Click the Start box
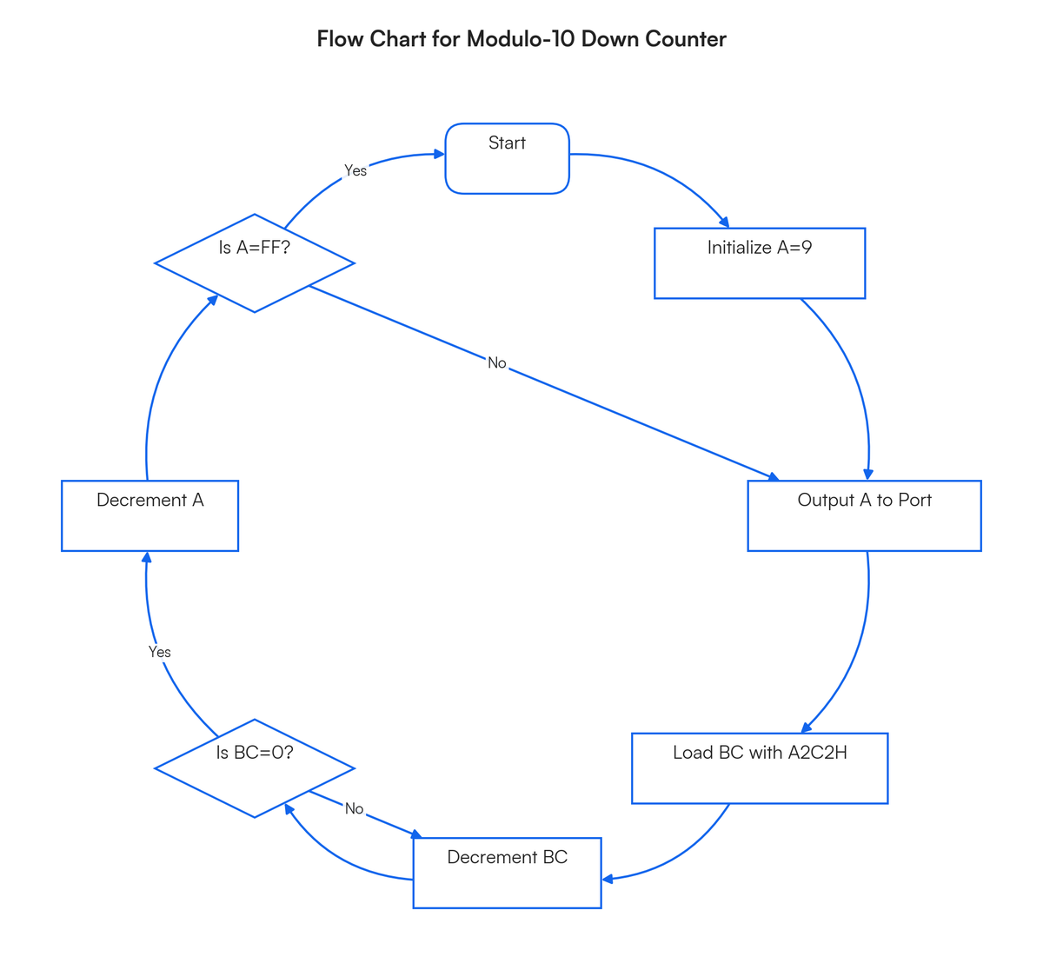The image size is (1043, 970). [507, 158]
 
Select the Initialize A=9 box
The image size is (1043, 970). [760, 263]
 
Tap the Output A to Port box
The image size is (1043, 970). [865, 515]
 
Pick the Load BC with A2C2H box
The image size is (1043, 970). [760, 768]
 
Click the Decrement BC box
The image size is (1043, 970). [507, 873]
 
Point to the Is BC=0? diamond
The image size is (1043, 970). [254, 768]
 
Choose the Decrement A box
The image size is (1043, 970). [149, 515]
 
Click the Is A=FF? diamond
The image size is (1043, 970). [254, 263]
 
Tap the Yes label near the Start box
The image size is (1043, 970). [355, 170]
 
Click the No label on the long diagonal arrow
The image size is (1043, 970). [497, 363]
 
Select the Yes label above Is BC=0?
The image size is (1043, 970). [159, 652]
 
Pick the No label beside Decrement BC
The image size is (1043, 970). [354, 809]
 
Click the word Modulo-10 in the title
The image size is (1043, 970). [520, 39]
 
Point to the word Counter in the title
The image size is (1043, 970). [686, 39]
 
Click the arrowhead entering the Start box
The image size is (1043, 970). [439, 154]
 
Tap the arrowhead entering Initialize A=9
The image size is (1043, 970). [724, 223]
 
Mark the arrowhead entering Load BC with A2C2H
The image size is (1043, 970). [806, 727]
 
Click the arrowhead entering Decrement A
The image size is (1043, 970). [147, 557]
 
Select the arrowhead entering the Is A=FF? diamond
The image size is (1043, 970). [213, 300]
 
